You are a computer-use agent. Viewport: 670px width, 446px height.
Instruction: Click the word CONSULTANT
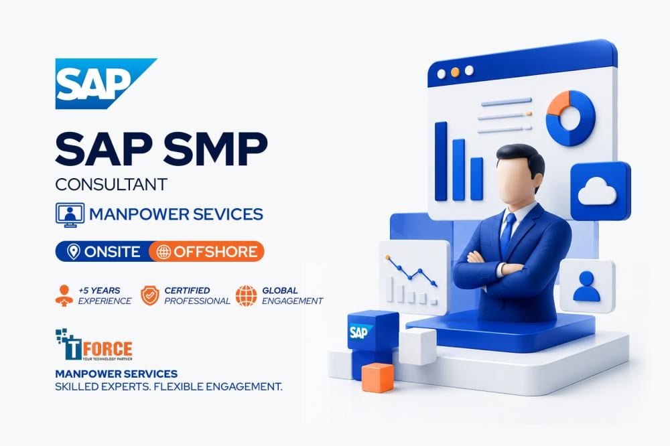(x=111, y=185)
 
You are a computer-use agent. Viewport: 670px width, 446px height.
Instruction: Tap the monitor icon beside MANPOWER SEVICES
(x=70, y=215)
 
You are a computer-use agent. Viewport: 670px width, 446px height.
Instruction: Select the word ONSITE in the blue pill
(x=112, y=252)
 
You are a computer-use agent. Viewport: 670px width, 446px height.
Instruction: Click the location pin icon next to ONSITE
(x=74, y=252)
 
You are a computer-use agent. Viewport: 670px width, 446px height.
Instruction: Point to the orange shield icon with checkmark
(x=150, y=295)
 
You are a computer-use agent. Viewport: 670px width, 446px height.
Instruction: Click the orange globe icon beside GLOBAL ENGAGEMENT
(x=246, y=295)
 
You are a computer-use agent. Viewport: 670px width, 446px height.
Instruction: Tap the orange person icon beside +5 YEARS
(x=64, y=295)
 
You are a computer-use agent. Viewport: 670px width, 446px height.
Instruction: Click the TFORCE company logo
(x=94, y=345)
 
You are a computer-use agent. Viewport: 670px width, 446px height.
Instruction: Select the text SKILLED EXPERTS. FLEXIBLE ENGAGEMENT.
(x=169, y=387)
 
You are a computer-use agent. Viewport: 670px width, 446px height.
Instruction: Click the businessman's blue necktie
(x=507, y=233)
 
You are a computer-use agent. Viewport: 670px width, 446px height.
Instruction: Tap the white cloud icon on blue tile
(x=597, y=192)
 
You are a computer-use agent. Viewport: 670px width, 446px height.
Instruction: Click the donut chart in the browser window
(x=570, y=119)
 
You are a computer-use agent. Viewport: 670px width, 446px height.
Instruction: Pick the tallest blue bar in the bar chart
(x=441, y=161)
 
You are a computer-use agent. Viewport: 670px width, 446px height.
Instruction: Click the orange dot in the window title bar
(x=455, y=72)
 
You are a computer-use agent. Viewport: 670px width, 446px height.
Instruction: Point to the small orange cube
(x=378, y=377)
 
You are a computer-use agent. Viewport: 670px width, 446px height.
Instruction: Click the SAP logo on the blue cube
(x=360, y=331)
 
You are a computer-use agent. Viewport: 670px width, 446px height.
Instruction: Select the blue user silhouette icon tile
(x=587, y=286)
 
